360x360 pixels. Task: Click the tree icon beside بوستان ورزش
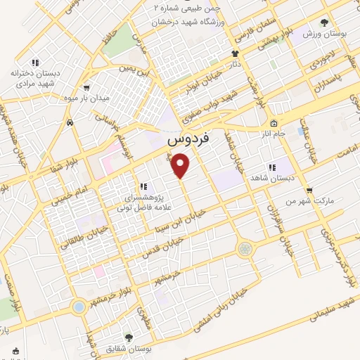click(323, 23)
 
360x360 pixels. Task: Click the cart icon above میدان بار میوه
click(86, 88)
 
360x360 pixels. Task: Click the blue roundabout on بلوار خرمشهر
click(78, 307)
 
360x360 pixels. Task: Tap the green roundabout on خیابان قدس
click(245, 249)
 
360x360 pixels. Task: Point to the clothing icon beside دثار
click(235, 53)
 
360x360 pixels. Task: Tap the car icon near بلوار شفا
click(70, 123)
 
